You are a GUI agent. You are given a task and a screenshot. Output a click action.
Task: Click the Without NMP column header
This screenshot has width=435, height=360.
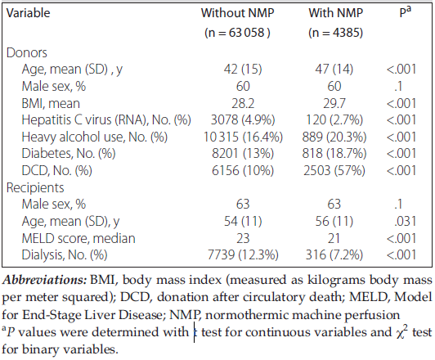click(237, 13)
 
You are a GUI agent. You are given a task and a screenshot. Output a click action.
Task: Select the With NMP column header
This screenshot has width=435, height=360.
click(336, 13)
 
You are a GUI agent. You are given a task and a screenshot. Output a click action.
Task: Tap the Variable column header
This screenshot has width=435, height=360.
click(28, 13)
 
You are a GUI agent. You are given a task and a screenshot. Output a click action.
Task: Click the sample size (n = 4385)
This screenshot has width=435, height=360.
click(336, 33)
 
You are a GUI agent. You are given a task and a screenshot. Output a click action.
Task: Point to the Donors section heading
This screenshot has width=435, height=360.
click(27, 52)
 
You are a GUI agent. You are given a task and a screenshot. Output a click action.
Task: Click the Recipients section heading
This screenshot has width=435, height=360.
click(35, 187)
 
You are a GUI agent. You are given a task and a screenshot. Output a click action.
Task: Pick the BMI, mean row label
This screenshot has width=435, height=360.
click(51, 104)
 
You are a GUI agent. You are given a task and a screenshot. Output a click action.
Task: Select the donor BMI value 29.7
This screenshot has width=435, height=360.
click(334, 104)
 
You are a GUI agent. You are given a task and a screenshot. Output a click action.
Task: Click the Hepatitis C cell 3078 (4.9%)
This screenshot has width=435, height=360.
click(243, 120)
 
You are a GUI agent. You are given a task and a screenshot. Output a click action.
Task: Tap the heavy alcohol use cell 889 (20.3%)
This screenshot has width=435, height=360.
click(334, 137)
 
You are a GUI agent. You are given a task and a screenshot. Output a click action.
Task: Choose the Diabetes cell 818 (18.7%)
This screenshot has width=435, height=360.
click(334, 154)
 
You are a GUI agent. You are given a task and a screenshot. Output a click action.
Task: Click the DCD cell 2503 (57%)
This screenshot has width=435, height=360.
click(334, 170)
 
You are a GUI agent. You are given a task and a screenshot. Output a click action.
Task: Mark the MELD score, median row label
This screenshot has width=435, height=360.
click(78, 238)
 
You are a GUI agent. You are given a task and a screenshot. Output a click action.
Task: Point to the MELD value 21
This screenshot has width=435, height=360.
click(334, 238)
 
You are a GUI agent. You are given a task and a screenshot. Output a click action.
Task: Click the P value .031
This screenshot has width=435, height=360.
click(405, 222)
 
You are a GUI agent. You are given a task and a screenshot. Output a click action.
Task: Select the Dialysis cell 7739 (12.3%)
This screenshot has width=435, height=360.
click(243, 255)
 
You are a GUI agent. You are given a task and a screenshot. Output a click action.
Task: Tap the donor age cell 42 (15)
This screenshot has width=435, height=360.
click(243, 70)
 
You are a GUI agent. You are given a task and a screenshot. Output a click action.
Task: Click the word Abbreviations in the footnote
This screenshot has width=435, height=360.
click(45, 280)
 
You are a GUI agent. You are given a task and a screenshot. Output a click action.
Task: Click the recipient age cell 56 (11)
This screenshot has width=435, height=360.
click(334, 222)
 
